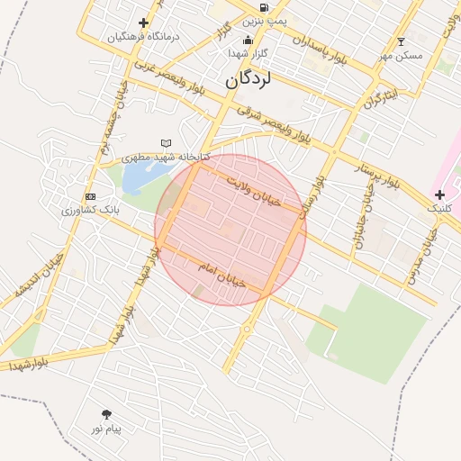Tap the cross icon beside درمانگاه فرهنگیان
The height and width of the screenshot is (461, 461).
143,23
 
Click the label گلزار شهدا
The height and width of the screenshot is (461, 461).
247,54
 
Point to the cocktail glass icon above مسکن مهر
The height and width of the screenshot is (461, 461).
402,41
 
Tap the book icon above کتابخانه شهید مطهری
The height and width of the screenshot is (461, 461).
166,143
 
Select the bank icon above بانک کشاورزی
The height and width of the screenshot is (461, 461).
90,196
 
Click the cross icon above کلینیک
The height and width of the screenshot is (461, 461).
439,194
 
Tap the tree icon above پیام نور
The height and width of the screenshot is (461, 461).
107,414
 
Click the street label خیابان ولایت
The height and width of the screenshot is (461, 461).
254,190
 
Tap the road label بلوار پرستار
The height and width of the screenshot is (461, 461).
364,172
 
